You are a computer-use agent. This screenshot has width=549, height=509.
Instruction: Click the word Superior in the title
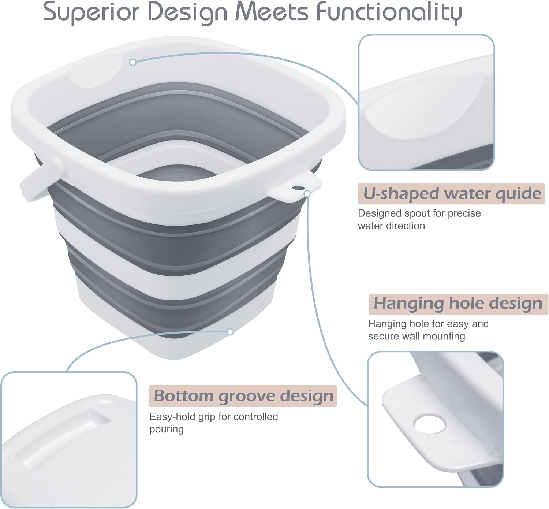pyautogui.click(x=91, y=12)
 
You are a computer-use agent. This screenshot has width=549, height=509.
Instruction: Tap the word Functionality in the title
pyautogui.click(x=389, y=12)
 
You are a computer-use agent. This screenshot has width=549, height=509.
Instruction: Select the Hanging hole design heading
pyautogui.click(x=458, y=304)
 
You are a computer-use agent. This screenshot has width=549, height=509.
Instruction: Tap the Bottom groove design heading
pyautogui.click(x=243, y=396)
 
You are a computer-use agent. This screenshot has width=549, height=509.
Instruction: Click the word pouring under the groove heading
pyautogui.click(x=167, y=429)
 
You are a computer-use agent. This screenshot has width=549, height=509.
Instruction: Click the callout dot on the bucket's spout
pyautogui.click(x=133, y=62)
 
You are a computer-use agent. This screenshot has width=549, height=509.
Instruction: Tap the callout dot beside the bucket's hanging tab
pyautogui.click(x=307, y=194)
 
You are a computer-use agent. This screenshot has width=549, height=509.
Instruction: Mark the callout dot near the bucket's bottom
pyautogui.click(x=230, y=332)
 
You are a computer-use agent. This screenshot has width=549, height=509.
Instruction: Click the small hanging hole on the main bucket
pyautogui.click(x=297, y=188)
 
